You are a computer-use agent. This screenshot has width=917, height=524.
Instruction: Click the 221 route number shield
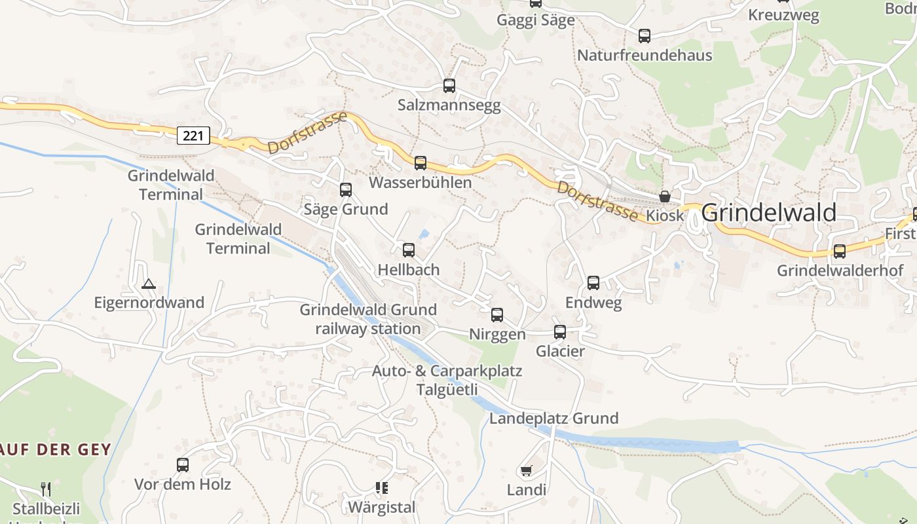coord(193,136)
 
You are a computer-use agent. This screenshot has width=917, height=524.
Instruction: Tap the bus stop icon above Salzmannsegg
coord(449,85)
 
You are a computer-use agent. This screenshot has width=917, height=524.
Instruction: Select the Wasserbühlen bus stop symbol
coord(421,162)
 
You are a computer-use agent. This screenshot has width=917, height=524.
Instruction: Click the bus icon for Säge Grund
coord(346,190)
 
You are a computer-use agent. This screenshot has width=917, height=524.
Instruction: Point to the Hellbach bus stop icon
coord(409,250)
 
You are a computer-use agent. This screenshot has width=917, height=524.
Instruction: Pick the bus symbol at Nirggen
coord(497,315)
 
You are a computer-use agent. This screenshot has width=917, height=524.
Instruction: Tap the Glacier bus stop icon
coord(560,332)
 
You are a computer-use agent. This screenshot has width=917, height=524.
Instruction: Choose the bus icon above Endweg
coord(593,283)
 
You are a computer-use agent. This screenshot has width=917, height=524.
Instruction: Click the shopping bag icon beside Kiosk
coord(665,196)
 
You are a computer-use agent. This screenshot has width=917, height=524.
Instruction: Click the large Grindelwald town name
coord(768,213)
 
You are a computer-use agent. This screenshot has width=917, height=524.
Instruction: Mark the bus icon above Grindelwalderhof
coord(840,251)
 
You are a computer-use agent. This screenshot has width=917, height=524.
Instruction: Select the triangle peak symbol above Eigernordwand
coord(149,284)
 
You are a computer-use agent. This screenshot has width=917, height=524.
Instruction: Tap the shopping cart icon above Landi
coord(526,470)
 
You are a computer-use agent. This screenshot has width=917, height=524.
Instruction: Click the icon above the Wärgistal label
coord(382,488)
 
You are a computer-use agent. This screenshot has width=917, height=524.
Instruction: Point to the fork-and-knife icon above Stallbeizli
coord(46,489)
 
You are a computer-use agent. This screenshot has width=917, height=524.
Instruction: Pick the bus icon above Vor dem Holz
coord(183,465)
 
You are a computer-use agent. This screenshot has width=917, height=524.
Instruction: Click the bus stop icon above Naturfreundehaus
coord(645,36)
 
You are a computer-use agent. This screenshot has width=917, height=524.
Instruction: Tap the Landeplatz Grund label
coord(553,418)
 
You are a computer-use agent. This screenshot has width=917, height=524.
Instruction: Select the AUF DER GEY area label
coord(56,449)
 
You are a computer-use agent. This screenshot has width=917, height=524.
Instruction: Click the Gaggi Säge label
coord(536,20)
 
